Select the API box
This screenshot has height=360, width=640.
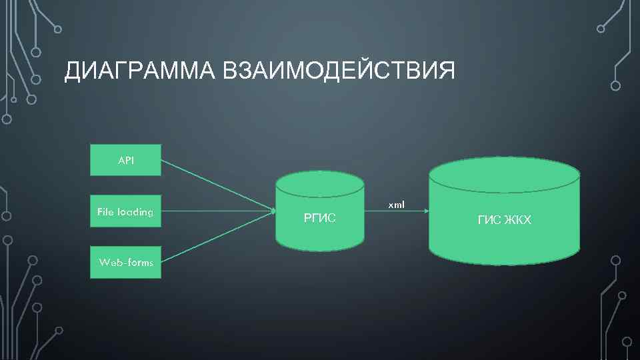[x=125, y=160]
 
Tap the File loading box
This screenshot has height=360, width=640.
[x=125, y=212]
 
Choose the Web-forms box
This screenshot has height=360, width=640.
[x=125, y=263]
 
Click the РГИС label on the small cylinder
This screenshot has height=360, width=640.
[x=320, y=217]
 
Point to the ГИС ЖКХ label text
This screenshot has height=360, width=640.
[x=505, y=220]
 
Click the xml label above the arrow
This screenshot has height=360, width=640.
[x=396, y=204]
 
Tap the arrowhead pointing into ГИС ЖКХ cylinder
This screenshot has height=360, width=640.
[x=425, y=211]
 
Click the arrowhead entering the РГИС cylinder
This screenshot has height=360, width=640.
[x=273, y=211]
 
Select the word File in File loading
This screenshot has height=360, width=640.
[x=105, y=212]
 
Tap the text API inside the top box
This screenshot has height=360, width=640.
[x=125, y=160]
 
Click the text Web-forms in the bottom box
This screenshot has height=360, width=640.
[x=125, y=263]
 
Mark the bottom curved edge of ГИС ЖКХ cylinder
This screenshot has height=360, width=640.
[x=504, y=263]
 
